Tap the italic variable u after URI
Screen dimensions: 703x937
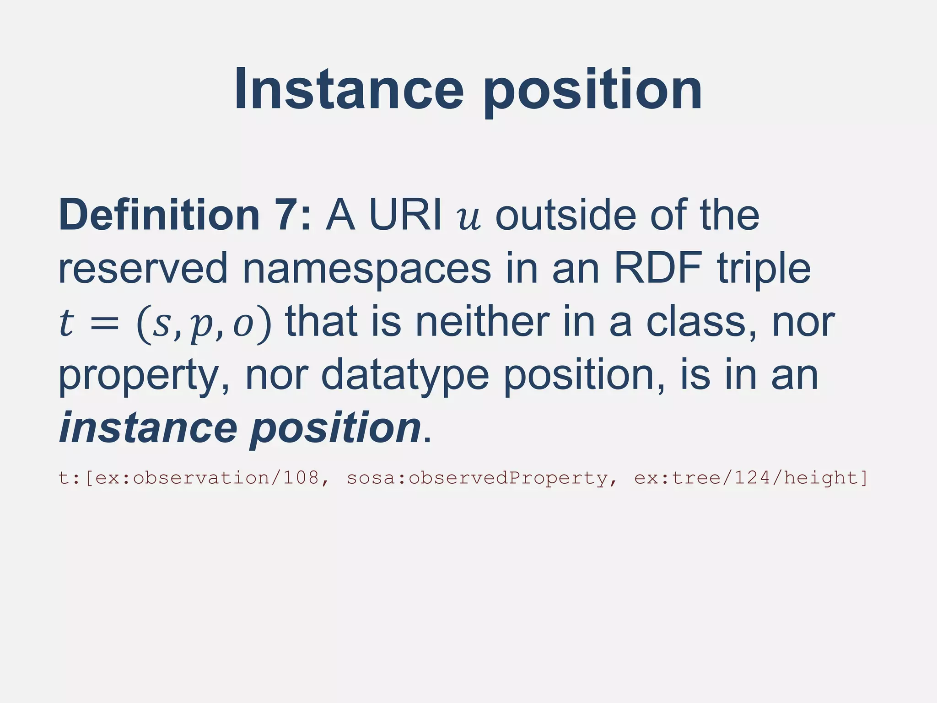point(469,217)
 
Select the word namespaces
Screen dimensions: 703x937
point(366,270)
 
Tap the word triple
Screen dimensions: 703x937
point(763,270)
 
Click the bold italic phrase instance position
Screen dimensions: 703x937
point(240,427)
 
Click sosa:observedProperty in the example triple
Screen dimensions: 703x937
point(477,478)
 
